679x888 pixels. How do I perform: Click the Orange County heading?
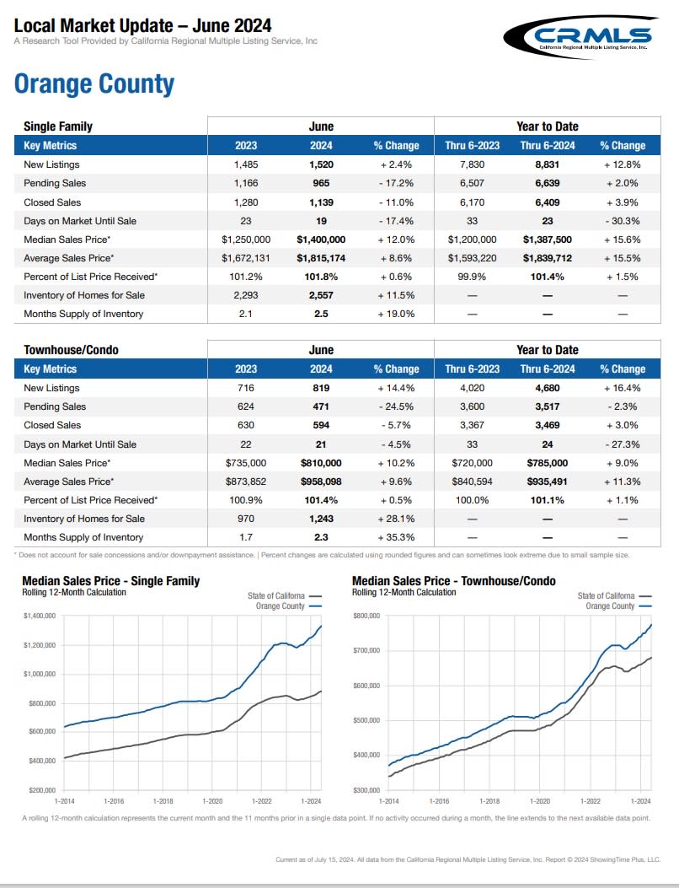click(94, 83)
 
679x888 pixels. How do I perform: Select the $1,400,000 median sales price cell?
click(321, 239)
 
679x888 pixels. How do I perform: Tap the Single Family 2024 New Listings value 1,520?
click(321, 164)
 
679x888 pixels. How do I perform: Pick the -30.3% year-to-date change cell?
click(623, 221)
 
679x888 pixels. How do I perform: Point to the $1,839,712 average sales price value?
click(548, 258)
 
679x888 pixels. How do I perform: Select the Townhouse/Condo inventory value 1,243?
click(321, 519)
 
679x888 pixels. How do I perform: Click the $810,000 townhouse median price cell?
click(321, 463)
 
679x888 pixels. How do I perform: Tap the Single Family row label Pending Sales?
click(55, 183)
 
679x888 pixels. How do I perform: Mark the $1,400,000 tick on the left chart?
click(40, 616)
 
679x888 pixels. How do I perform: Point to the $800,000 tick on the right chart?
click(365, 616)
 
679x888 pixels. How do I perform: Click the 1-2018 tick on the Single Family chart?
click(163, 800)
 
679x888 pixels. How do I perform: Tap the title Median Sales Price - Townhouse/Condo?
click(453, 581)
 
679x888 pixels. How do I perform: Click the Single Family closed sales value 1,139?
click(321, 202)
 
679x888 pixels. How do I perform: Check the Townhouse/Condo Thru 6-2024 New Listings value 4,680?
click(548, 388)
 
